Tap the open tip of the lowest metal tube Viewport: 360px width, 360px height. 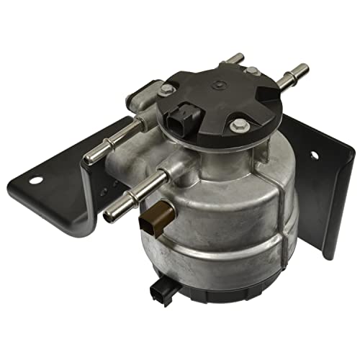pyautogui.click(x=109, y=215)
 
